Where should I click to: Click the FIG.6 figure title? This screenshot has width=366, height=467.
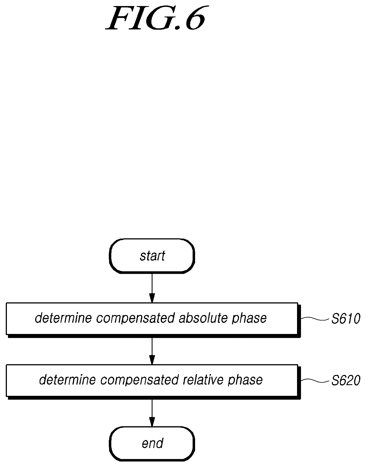tap(156, 18)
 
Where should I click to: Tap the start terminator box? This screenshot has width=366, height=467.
tap(152, 256)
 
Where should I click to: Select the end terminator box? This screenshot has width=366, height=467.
tap(152, 444)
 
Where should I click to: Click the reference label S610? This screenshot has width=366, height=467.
tap(346, 319)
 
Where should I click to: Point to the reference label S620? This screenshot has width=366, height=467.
tap(346, 381)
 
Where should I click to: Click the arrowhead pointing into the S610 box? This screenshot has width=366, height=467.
tap(152, 298)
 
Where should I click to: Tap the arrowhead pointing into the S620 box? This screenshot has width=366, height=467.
tap(152, 360)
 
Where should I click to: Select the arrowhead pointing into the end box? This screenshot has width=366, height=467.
tap(152, 422)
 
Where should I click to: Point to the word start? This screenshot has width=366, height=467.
tap(152, 256)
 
